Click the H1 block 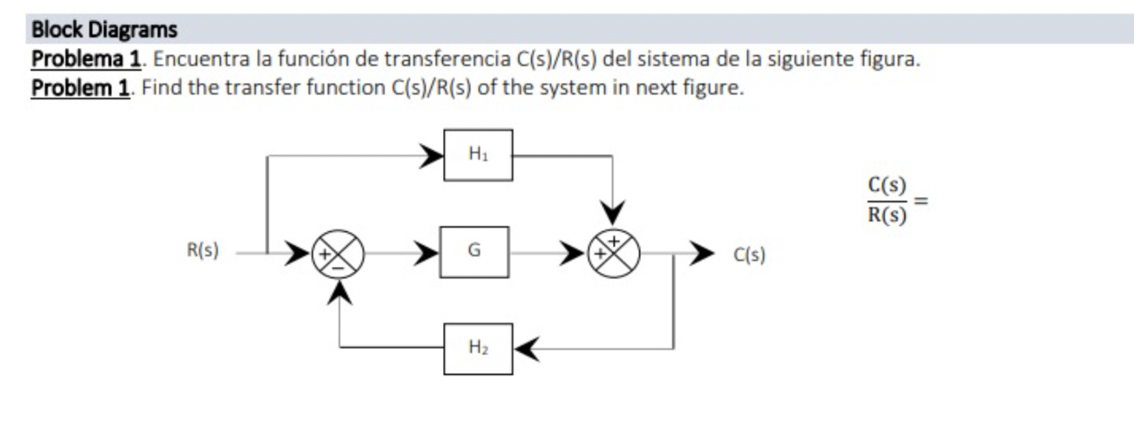tap(478, 155)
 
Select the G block tap(474, 252)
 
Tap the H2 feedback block tap(478, 348)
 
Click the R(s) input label tap(203, 250)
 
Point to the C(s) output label tap(749, 255)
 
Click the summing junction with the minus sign tap(338, 253)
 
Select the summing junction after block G tap(614, 253)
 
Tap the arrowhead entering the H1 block tap(432, 155)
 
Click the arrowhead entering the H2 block tap(527, 348)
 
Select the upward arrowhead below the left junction tap(339, 293)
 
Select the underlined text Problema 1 tap(86, 59)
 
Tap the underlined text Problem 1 tap(81, 88)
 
